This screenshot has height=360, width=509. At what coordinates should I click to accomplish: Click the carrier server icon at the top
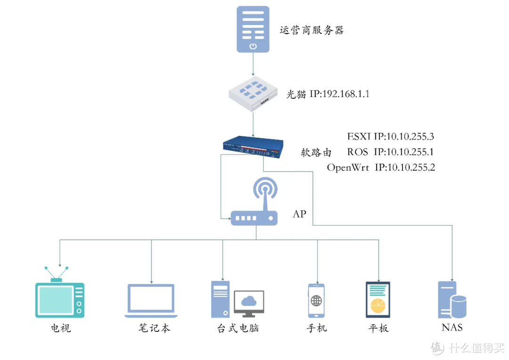(253, 28)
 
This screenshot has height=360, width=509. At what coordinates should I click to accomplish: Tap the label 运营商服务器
(312, 31)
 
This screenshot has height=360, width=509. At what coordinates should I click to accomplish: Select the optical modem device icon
(253, 95)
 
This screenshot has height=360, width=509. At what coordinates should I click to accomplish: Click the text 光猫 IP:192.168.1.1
(328, 94)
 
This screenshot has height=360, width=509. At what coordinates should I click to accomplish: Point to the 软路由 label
(316, 152)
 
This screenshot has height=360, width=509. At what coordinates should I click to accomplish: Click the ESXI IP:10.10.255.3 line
(390, 137)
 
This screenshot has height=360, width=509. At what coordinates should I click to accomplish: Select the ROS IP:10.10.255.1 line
(390, 152)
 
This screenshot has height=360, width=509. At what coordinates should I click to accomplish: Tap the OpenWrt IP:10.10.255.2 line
(381, 167)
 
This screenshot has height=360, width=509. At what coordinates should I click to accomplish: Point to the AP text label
(299, 214)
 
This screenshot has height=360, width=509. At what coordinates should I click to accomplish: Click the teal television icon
(59, 298)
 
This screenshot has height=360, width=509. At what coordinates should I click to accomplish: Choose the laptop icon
(151, 301)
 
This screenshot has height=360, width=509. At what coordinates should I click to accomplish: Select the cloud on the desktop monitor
(248, 300)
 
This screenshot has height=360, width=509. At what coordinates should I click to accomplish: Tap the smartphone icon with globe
(316, 301)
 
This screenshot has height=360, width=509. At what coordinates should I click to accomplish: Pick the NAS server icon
(452, 300)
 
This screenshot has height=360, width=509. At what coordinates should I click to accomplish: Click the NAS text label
(452, 327)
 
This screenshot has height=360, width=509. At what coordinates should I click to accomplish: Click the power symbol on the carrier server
(253, 46)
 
